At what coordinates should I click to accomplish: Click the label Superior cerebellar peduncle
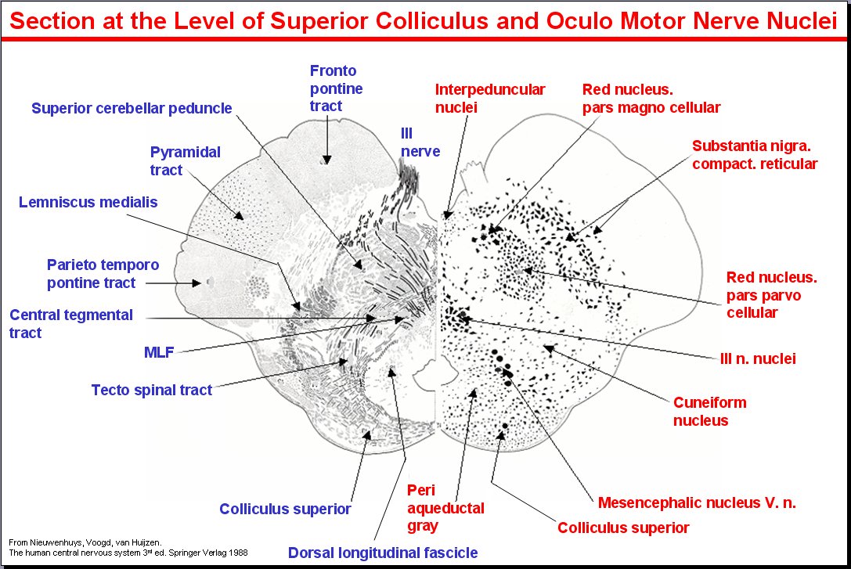132,108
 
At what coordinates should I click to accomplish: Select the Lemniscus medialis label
88,203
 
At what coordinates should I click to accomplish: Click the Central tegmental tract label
71,324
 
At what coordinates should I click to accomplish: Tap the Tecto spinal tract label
151,390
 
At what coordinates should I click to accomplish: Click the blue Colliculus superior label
285,510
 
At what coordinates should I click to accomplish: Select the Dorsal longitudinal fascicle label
383,553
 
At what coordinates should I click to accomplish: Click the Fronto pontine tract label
336,88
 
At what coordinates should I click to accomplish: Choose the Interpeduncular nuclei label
490,98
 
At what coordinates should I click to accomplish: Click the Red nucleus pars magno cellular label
651,98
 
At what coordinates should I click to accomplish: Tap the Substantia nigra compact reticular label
754,155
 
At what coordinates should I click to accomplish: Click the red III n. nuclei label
757,359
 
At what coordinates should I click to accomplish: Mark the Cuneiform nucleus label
709,412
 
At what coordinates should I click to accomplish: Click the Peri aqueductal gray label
435,508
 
